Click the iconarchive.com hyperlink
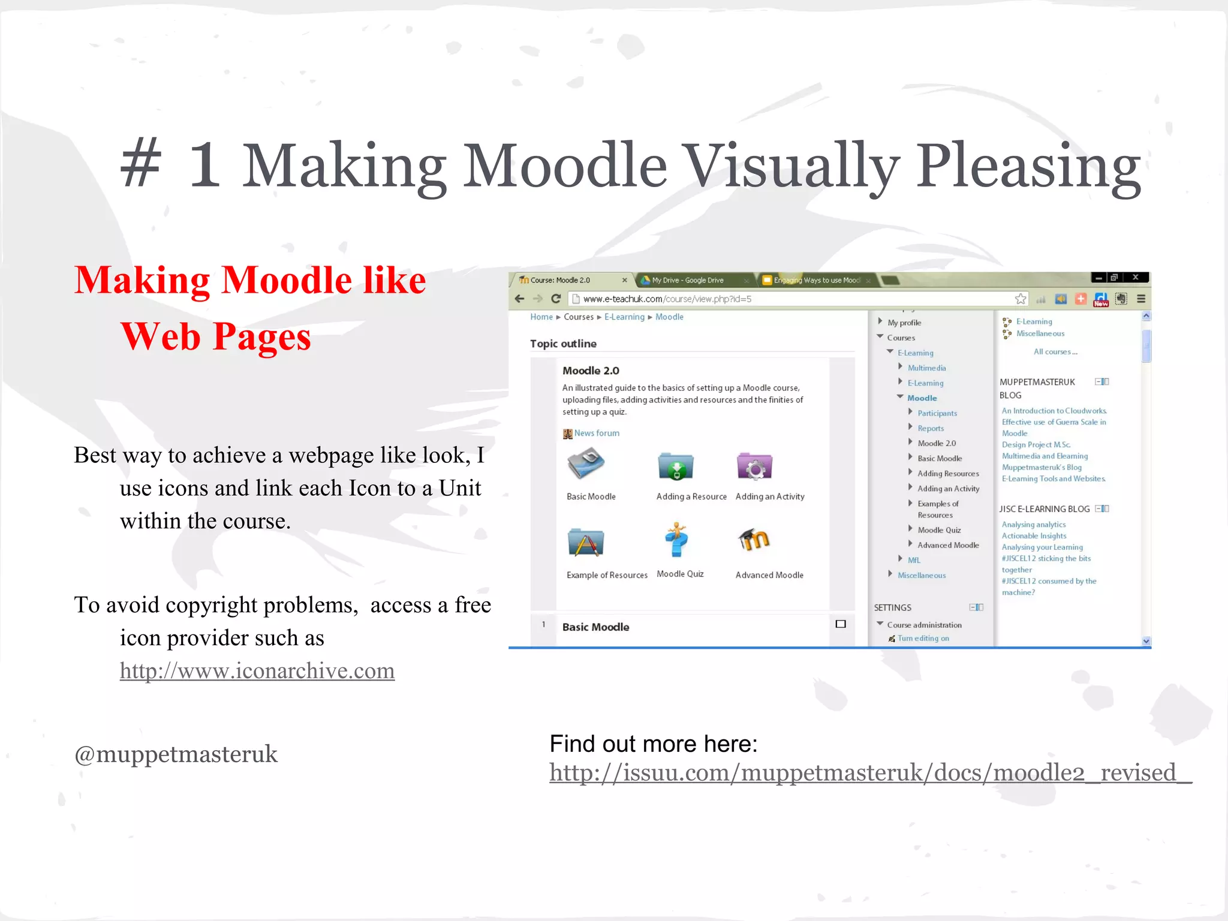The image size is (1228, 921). pyautogui.click(x=257, y=671)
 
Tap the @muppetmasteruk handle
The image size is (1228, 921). pyautogui.click(x=176, y=754)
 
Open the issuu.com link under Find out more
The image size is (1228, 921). pyautogui.click(x=869, y=773)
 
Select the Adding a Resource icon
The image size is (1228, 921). pyautogui.click(x=676, y=466)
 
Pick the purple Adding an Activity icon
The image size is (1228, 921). pyautogui.click(x=754, y=466)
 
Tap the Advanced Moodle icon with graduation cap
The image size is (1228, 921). pyautogui.click(x=754, y=540)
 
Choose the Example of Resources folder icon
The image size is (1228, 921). pyautogui.click(x=585, y=543)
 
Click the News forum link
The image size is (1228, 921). pyautogui.click(x=596, y=433)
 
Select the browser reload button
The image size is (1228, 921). pyautogui.click(x=556, y=299)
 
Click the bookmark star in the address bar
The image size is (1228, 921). pyautogui.click(x=1020, y=299)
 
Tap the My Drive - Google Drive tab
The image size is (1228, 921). pyautogui.click(x=688, y=280)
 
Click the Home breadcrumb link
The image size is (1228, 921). pyautogui.click(x=541, y=317)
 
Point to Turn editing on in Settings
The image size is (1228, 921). pyautogui.click(x=923, y=639)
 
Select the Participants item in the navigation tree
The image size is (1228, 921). pyautogui.click(x=937, y=413)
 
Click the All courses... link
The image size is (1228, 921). pyautogui.click(x=1055, y=352)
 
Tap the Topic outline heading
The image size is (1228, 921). pyautogui.click(x=563, y=344)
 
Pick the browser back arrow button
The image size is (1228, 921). pyautogui.click(x=520, y=299)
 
